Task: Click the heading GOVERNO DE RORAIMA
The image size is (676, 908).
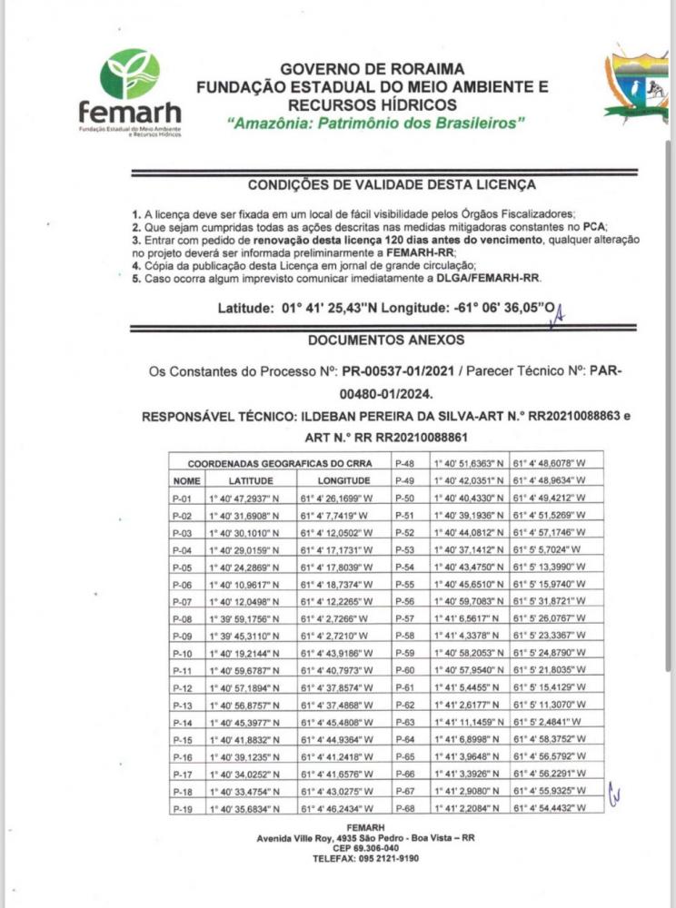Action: point(373,68)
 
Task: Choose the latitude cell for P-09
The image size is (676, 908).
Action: point(241,635)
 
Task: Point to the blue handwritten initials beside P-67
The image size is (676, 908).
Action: point(613,793)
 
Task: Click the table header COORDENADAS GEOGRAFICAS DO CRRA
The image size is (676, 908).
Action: point(278,463)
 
